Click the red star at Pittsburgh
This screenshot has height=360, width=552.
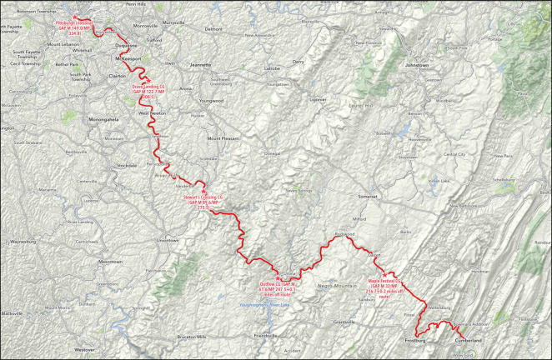(x=74, y=17)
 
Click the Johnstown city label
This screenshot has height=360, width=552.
(x=416, y=63)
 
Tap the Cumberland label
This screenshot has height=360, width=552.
(x=468, y=341)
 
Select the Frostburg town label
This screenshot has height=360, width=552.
(x=415, y=341)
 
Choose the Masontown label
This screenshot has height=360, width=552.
(x=110, y=262)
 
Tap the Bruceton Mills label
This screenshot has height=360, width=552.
(x=191, y=336)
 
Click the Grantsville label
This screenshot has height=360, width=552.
(x=345, y=322)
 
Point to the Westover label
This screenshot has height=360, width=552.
(x=83, y=350)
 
